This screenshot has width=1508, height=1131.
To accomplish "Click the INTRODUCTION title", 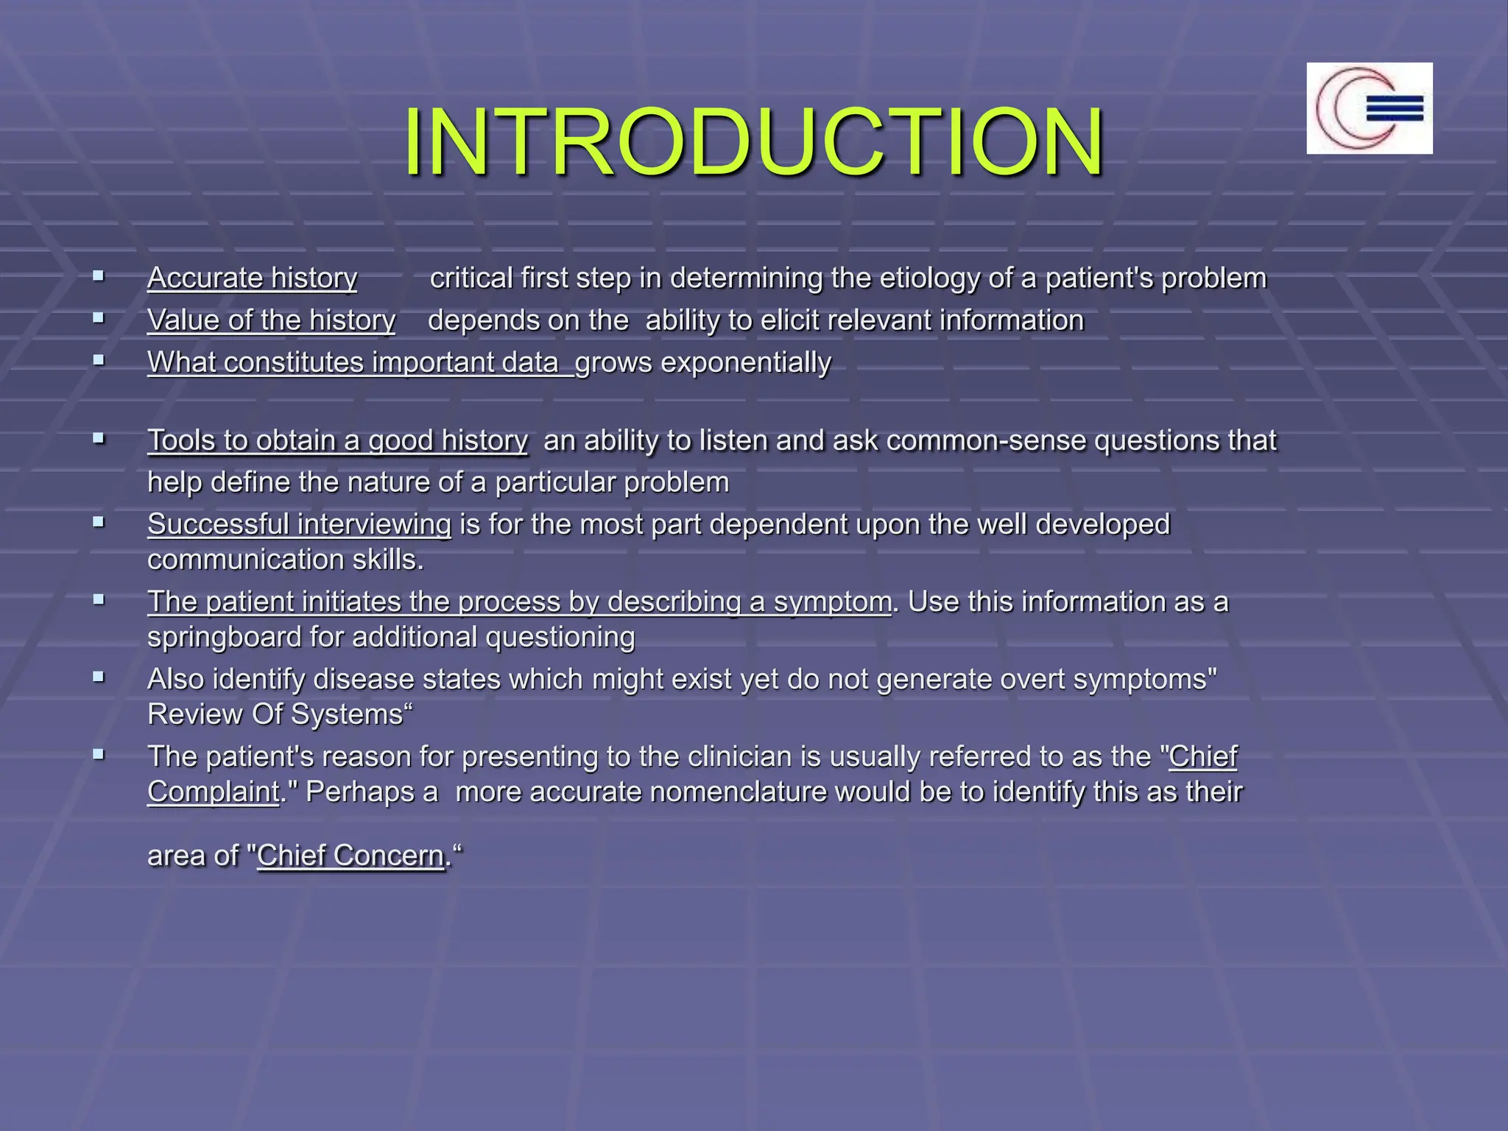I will tap(753, 141).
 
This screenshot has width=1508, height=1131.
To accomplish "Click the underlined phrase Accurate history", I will tap(252, 278).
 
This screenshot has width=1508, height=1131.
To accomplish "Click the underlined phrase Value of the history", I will tap(271, 320).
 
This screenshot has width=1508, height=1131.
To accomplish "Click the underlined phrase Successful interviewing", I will tap(299, 524).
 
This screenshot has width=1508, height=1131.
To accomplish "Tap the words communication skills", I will tap(285, 560).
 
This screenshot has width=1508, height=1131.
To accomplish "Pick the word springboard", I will tap(224, 637).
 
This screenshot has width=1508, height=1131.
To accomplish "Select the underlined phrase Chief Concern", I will tap(350, 856).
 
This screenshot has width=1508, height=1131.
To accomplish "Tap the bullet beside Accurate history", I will tap(99, 277).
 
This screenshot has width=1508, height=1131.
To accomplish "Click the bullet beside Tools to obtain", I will tap(99, 439).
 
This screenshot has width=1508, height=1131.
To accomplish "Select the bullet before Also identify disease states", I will tap(99, 677).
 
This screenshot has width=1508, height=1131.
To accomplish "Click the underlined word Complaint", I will tap(213, 792).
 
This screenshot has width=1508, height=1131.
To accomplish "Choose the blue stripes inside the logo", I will tap(1394, 109).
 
